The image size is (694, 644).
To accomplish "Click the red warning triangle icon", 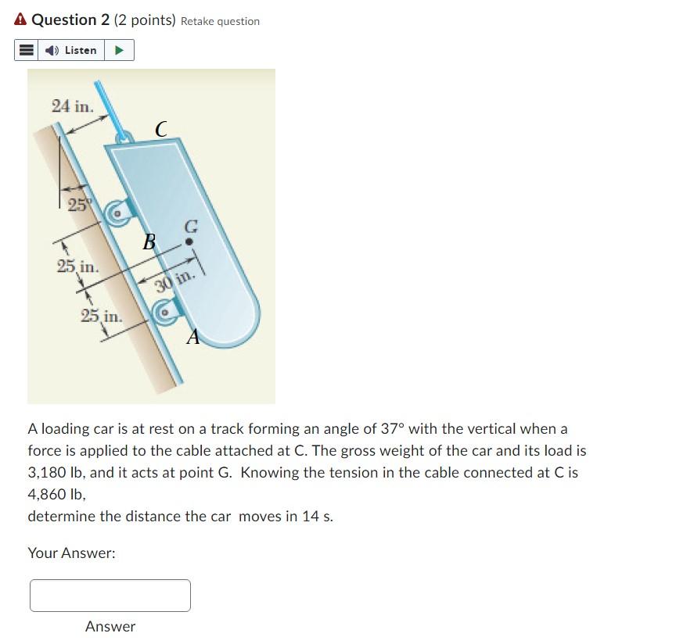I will (x=20, y=20).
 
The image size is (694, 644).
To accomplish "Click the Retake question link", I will (x=220, y=21).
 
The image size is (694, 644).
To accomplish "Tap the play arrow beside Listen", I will (x=119, y=50).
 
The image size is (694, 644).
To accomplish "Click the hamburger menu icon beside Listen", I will (x=27, y=50).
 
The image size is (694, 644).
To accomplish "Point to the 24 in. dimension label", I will (x=72, y=106).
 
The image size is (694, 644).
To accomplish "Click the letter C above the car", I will (x=160, y=129).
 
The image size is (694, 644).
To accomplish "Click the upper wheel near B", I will (x=118, y=212).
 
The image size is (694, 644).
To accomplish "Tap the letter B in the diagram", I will (x=149, y=241).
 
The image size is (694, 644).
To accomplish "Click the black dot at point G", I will (x=189, y=242).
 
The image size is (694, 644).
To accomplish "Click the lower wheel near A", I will (x=165, y=313).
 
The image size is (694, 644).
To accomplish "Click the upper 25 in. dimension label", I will (x=77, y=266).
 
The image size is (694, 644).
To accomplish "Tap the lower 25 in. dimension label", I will (x=101, y=316).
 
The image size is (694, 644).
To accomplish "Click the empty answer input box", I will (x=110, y=596).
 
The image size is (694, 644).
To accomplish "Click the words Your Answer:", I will (x=71, y=553).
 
